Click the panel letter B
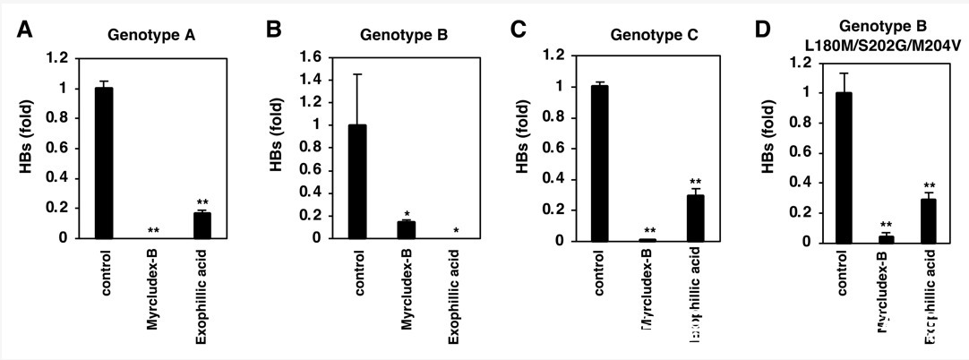tap(275, 30)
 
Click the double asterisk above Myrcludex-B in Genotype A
tap(153, 230)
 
